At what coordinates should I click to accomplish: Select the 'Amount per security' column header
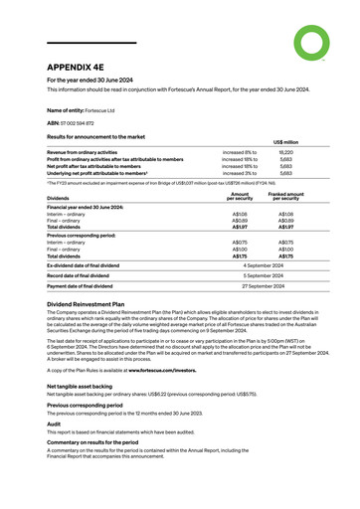[x=239, y=197]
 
